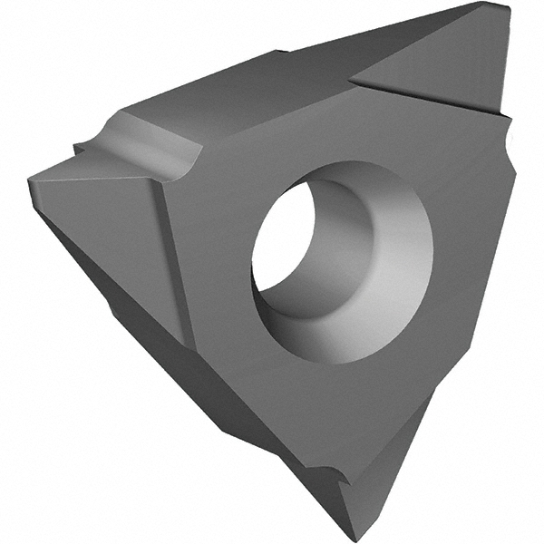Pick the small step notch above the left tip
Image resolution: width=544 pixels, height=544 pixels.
(x=82, y=148)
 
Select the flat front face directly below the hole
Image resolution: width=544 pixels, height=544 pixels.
(x=345, y=399)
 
